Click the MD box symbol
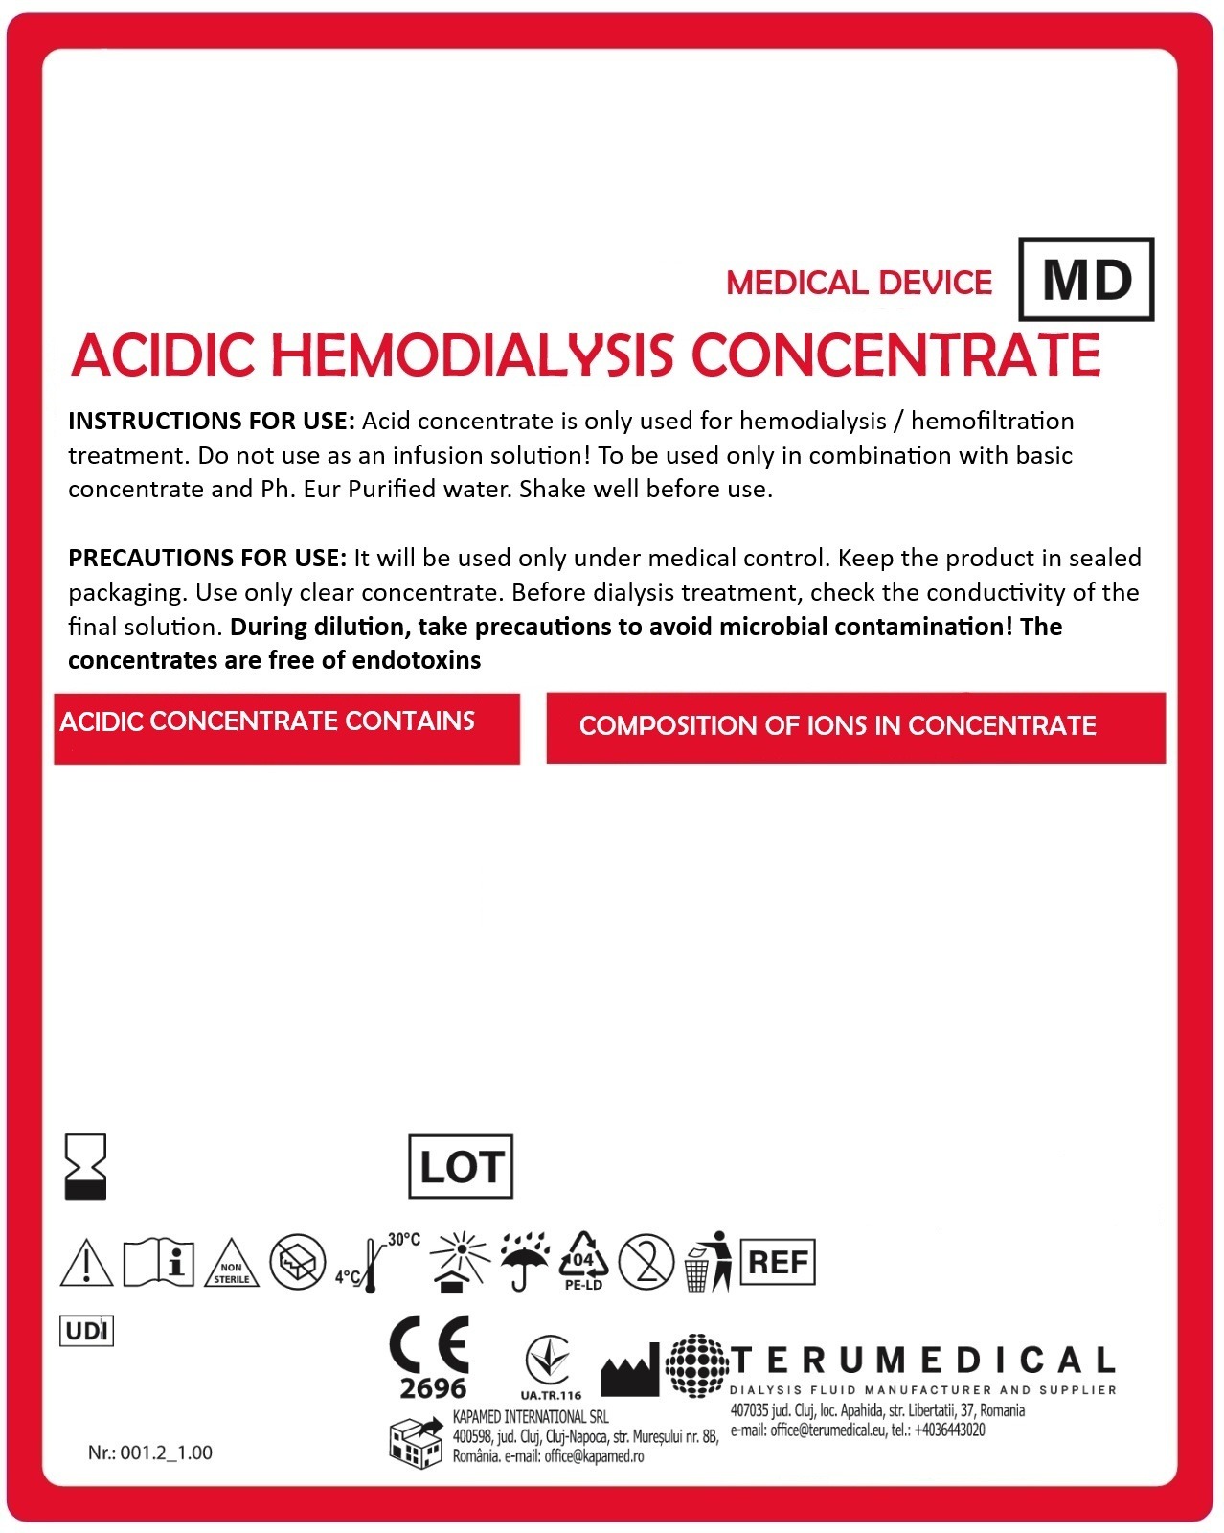tap(1086, 279)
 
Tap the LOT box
tap(461, 1167)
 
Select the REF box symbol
tap(778, 1262)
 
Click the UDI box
tap(86, 1331)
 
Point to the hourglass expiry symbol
tap(84, 1167)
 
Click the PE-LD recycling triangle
tap(582, 1261)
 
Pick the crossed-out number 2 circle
tap(646, 1261)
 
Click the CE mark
tap(429, 1345)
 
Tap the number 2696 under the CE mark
tap(433, 1388)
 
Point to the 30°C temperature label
tap(403, 1240)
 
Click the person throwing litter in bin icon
tap(708, 1261)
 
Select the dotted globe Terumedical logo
tap(696, 1365)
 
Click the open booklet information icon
tap(159, 1262)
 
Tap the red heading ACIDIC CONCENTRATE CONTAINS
tap(267, 721)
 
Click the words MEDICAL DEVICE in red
tap(859, 283)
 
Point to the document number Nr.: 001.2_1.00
tap(150, 1453)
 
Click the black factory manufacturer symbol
tap(630, 1370)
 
